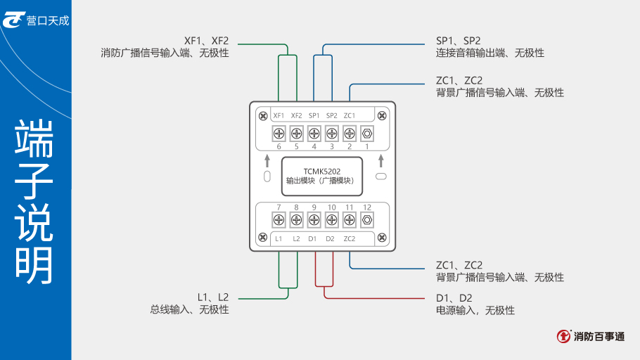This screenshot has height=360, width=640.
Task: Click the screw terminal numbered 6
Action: coord(279,132)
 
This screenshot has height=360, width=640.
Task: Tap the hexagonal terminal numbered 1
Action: coord(366,132)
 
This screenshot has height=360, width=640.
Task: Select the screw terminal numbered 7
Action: coord(279,220)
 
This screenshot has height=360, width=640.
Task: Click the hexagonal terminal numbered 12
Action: coord(366,220)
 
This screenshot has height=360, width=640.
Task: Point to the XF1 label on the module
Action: coord(279,115)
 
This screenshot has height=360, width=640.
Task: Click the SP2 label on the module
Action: coord(331,115)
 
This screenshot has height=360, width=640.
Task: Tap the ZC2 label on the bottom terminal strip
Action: coord(350,239)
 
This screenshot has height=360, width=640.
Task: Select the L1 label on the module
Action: coord(279,239)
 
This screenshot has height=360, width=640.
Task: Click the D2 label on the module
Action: coord(331,239)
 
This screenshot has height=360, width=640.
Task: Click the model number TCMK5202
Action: coord(322,171)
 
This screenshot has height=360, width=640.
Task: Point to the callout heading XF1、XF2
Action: coord(206,41)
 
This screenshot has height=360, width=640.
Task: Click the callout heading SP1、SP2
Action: coord(458,41)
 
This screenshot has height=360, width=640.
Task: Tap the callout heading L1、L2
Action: coord(213,297)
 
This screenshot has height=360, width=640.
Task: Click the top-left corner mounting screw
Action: coord(262,116)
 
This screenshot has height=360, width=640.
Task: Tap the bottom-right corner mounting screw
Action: coord(381,238)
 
